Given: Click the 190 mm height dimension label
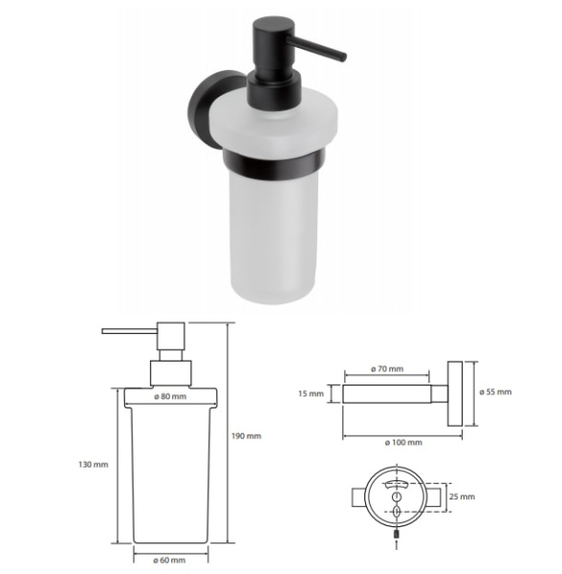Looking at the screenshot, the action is [246, 436].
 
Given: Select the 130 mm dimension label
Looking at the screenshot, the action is [94, 465].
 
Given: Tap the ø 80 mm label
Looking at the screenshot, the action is [170, 396].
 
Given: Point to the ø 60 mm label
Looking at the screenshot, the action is [169, 560].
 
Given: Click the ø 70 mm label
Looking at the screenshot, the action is [387, 368].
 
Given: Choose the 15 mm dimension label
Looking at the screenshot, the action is [311, 394].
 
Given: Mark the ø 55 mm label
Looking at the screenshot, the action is [495, 392].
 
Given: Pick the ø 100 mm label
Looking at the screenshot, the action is [403, 443].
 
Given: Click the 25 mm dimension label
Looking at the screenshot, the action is [463, 497].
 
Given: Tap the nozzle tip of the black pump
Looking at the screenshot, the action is [344, 57].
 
